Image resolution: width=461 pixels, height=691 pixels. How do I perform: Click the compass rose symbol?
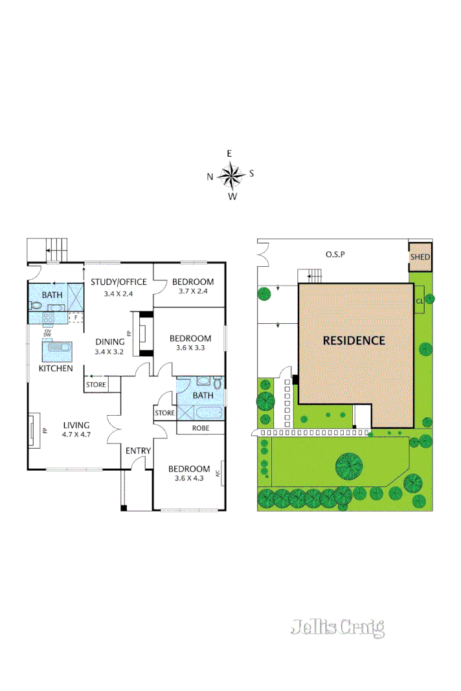tap(230, 174)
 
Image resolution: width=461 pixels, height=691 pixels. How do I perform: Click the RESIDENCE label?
tap(354, 340)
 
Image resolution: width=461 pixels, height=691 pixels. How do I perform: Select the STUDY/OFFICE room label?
tap(118, 282)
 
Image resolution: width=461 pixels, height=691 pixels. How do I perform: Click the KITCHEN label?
tap(56, 368)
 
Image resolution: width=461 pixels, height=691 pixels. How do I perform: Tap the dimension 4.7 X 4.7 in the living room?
tap(76, 435)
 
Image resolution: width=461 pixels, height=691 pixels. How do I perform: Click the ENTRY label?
tap(138, 451)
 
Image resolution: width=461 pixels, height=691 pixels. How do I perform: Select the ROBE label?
tap(200, 428)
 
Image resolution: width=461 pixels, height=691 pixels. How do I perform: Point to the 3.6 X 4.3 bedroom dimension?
tap(188, 479)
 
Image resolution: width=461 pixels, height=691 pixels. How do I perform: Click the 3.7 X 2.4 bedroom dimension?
tap(192, 291)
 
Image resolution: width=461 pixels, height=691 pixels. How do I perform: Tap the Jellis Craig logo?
tap(337, 627)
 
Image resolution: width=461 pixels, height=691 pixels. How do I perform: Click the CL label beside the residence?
tap(420, 300)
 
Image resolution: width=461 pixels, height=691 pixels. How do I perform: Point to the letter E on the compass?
tap(229, 153)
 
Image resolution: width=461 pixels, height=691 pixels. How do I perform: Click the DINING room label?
tap(110, 342)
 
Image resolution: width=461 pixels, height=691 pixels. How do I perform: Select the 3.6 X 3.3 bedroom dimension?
tap(190, 348)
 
